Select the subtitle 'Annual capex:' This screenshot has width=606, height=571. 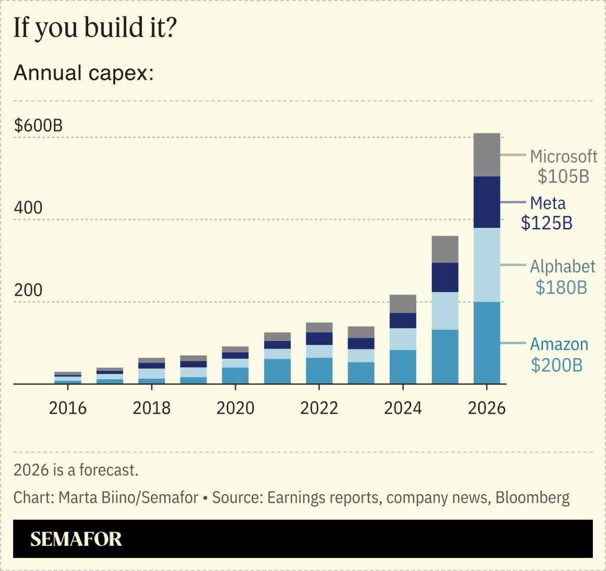83,73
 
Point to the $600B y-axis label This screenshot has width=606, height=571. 38,126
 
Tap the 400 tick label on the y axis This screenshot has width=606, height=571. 28,208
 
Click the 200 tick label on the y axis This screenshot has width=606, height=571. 28,290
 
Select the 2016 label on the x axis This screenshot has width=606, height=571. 67,408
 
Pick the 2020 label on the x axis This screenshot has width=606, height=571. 235,408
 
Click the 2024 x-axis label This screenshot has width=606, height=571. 402,408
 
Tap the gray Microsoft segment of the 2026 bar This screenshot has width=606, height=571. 487,155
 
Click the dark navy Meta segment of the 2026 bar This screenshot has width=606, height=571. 487,202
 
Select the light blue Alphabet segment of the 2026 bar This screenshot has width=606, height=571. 487,264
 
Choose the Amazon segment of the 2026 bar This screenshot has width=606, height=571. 487,343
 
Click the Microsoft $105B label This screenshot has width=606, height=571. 563,166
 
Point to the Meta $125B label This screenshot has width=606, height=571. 547,213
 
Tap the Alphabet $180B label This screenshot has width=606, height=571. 562,277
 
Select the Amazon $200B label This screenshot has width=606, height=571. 559,354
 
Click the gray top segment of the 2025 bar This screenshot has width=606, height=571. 445,249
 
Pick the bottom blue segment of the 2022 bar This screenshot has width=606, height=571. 319,371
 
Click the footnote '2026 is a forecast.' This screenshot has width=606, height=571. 76,470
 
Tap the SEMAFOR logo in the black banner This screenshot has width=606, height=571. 76,539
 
